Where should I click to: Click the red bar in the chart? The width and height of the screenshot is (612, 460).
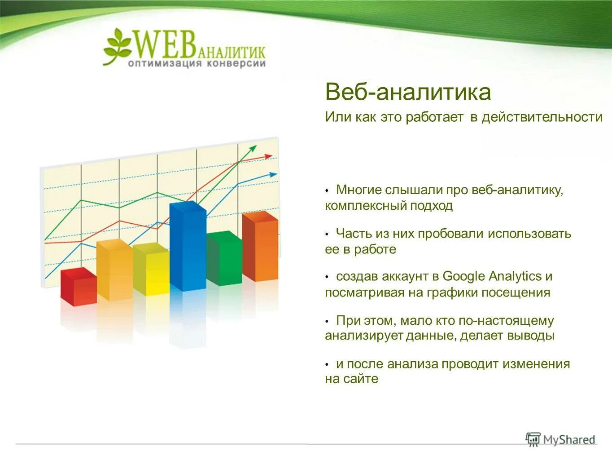click(79, 287)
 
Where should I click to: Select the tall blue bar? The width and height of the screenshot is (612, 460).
click(188, 247)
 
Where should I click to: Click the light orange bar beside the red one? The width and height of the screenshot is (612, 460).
click(114, 271)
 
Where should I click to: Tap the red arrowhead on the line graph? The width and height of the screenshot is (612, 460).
click(268, 156)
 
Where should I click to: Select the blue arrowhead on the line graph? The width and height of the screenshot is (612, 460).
click(273, 174)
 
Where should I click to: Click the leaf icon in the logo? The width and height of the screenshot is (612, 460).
click(117, 45)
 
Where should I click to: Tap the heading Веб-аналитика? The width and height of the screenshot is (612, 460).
click(407, 92)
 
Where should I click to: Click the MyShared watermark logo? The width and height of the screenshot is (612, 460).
click(560, 439)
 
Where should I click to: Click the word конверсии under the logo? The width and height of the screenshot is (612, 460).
click(236, 64)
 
